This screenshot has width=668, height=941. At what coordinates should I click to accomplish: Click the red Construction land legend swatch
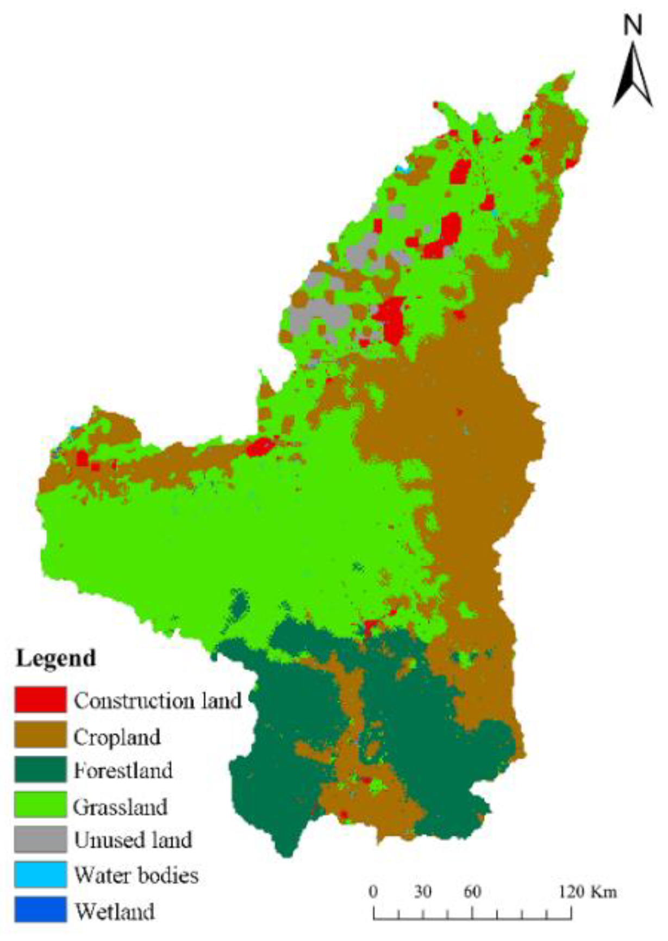40,699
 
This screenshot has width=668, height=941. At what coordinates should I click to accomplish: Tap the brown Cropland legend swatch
40,735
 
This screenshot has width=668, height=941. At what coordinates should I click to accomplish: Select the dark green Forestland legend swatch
40,770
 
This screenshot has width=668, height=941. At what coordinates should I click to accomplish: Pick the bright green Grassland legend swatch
40,805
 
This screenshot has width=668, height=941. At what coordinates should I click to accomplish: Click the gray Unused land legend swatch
40,840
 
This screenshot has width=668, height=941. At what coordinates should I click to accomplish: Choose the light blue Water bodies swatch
40,875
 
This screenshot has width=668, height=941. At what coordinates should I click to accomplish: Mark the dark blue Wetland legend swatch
40,910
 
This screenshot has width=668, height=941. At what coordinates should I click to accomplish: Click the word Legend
56,659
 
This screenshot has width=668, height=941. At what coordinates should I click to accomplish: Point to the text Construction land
158,701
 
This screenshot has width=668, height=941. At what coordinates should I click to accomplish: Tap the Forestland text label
123,771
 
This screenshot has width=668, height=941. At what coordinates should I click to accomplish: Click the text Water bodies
136,876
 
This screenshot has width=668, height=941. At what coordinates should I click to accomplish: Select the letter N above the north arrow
632,26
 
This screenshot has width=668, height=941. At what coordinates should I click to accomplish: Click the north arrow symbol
633,76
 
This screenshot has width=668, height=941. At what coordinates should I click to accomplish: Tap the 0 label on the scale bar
373,892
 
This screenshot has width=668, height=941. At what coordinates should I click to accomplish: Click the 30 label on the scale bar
422,892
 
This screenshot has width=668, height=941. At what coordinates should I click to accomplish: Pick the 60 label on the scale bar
472,892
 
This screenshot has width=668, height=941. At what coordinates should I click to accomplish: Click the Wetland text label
115,911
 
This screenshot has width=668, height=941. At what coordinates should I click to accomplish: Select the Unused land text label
133,840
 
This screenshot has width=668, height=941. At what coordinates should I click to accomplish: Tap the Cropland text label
117,737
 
